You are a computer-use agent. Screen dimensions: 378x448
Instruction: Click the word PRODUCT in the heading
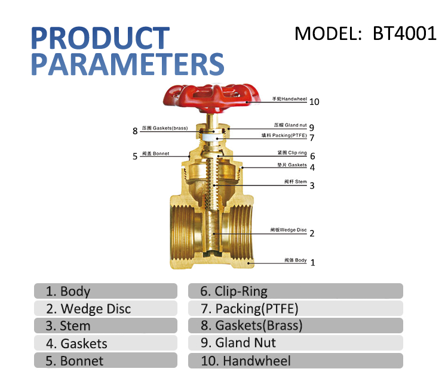pos(100,38)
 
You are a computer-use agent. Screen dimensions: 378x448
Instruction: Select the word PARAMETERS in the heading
pos(127,64)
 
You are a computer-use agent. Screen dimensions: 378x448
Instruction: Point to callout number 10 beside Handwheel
pos(314,102)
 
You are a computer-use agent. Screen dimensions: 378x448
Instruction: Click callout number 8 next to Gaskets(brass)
pos(135,131)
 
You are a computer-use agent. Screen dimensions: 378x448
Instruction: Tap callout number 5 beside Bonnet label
pos(135,156)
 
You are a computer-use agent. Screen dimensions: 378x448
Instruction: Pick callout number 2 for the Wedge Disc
pos(312,233)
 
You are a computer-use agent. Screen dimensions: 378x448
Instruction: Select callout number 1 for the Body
pos(312,262)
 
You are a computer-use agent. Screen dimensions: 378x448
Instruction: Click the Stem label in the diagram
pos(296,182)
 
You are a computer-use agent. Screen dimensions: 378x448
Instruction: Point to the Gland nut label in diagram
pos(290,126)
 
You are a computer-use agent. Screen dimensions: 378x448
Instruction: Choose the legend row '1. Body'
pos(106,291)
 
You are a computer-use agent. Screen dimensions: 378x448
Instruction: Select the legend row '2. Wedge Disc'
pos(106,308)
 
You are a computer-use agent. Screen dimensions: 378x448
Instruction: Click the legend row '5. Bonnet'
pos(106,361)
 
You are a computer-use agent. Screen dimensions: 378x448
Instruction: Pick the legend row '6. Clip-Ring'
pos(295,291)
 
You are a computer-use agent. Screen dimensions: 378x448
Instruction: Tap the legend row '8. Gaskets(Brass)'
pos(295,326)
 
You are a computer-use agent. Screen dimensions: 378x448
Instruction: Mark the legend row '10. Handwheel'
pos(295,361)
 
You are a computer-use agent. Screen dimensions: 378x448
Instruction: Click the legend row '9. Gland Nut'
pos(295,343)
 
